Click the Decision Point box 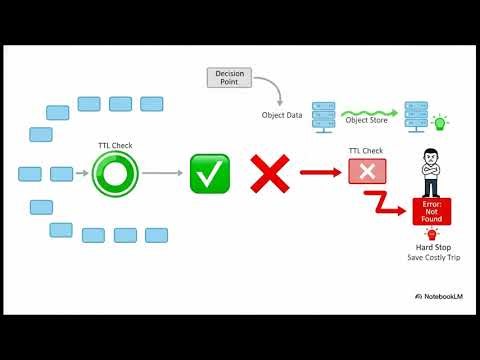228,76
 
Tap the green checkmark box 210,174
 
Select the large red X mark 268,174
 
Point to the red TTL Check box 366,171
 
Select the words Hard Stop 431,247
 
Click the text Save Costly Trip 431,259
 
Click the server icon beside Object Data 323,115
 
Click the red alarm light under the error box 430,232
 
